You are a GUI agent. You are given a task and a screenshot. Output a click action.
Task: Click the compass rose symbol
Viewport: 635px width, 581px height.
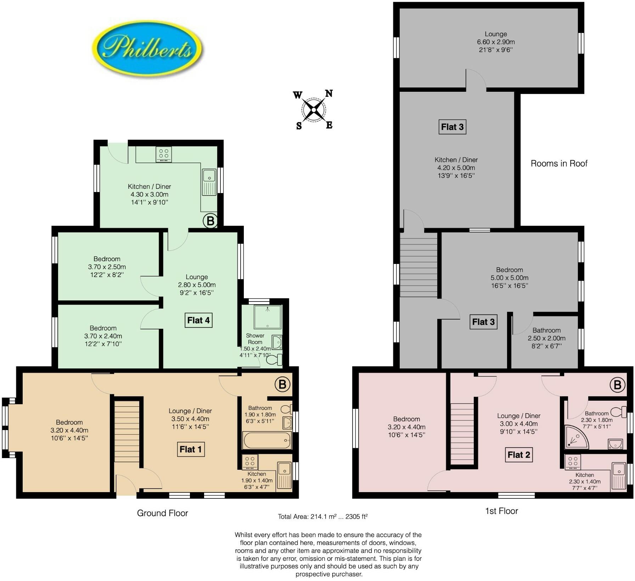point(313,110)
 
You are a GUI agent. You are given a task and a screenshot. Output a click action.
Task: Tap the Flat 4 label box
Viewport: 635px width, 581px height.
point(198,320)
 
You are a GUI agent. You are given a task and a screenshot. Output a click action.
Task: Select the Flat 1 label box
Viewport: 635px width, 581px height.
point(191,449)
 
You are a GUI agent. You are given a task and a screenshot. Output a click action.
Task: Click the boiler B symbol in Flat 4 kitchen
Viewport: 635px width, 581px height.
point(210,221)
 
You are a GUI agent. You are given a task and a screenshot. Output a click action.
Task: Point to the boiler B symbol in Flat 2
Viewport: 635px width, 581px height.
point(617,385)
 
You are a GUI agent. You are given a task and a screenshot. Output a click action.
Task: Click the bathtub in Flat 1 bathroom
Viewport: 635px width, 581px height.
point(267,440)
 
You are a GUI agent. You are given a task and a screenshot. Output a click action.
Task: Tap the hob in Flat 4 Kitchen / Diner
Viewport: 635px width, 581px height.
point(164,154)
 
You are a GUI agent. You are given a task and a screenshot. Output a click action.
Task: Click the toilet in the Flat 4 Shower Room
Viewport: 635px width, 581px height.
point(274,360)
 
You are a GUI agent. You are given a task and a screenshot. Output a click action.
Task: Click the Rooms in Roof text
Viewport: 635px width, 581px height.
point(559,163)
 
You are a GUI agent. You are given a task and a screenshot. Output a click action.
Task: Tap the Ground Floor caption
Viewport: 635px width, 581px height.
point(162,513)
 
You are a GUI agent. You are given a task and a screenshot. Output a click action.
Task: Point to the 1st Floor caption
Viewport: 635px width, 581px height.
point(501,511)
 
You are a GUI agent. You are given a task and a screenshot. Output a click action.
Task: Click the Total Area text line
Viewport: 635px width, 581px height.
point(322,517)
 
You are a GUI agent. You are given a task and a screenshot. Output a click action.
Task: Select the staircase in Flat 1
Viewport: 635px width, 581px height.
point(127,431)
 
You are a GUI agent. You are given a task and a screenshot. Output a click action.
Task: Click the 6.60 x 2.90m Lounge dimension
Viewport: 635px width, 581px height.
point(496,42)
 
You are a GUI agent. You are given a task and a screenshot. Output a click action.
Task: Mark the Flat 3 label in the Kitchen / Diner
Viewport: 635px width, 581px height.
point(452,127)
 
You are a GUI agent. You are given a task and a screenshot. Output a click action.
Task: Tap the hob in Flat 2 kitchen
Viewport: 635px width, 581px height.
point(573,462)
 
